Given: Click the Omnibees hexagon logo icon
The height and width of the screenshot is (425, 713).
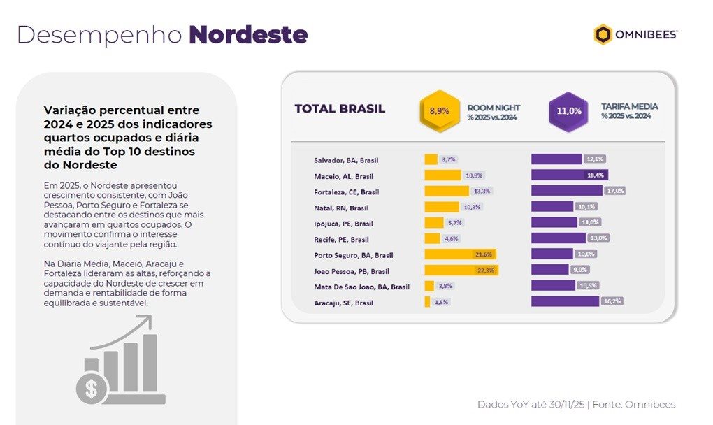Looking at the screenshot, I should tap(603, 34).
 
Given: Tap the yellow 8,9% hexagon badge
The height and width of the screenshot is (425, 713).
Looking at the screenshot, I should tap(440, 110).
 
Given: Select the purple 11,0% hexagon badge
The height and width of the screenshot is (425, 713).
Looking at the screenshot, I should tap(569, 110).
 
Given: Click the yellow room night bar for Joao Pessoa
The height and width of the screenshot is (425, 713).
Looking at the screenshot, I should tap(461, 270).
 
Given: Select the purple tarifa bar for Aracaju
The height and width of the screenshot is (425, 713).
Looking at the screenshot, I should tap(564, 301).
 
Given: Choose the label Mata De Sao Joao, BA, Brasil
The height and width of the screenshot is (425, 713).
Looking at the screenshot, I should tap(352, 287).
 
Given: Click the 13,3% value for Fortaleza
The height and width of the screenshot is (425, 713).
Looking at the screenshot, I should tap(482, 191).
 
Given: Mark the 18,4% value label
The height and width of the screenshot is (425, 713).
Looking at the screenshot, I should tap(596, 175).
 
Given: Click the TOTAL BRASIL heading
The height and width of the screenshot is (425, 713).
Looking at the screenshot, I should tap(340, 108).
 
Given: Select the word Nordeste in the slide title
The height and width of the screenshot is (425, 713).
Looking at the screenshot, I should tap(248, 34).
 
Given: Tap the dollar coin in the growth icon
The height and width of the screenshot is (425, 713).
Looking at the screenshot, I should tap(91, 389).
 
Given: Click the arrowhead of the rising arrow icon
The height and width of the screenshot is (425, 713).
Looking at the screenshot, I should tap(147, 320).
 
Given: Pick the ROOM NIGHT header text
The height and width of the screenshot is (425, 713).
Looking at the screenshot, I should tap(494, 108).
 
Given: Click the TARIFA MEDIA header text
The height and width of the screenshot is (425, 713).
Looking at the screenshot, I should tap(630, 107).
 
